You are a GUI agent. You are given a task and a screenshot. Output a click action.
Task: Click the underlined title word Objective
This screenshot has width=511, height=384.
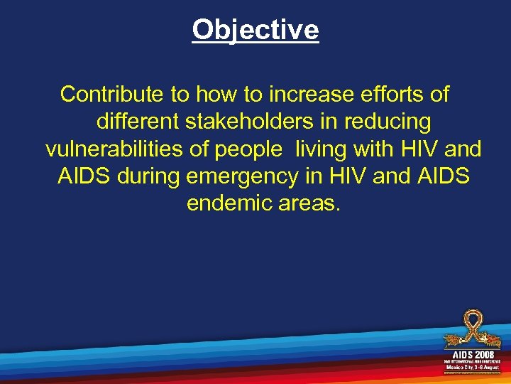pos(255,30)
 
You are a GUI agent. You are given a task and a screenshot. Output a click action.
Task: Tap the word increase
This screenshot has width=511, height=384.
pos(317,94)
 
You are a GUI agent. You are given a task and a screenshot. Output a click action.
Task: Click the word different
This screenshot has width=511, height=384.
pos(138,122)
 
